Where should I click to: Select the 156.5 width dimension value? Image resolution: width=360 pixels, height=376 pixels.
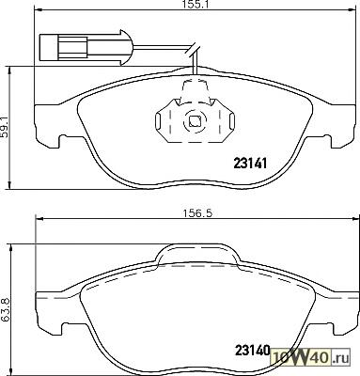(x=197, y=213)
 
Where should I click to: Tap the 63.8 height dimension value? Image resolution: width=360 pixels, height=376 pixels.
(x=6, y=309)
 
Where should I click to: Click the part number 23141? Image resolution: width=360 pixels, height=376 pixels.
(x=250, y=164)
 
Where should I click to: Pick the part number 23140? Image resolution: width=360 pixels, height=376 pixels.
(x=252, y=351)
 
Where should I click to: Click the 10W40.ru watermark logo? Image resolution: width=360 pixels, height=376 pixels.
(x=311, y=357)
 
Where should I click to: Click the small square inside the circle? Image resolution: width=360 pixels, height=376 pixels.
(x=195, y=121)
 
